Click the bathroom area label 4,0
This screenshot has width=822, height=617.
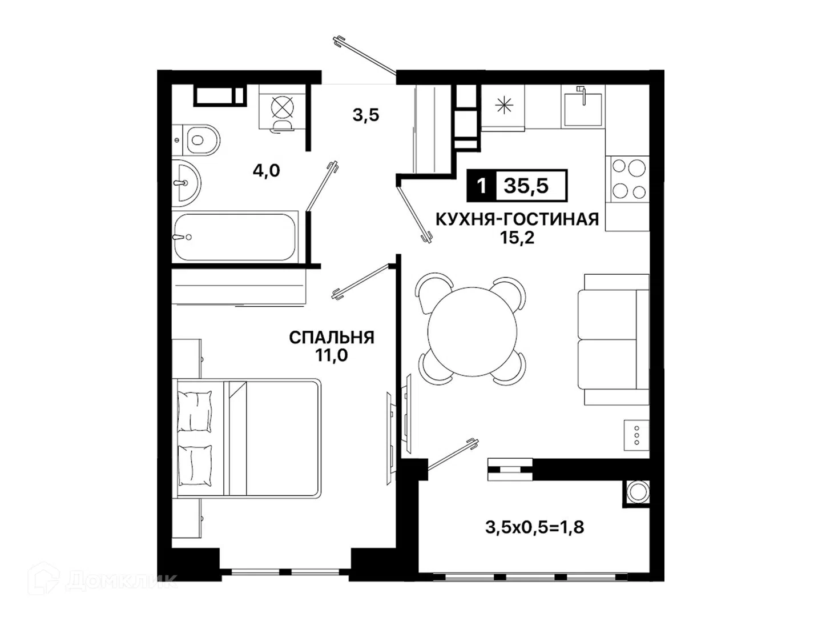(x=266, y=171)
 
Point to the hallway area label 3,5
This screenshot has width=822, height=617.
(x=366, y=115)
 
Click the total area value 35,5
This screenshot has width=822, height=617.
(x=526, y=186)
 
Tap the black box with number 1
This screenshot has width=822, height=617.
(x=482, y=186)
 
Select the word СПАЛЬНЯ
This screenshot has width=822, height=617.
(x=332, y=338)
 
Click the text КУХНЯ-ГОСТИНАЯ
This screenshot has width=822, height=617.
(x=517, y=219)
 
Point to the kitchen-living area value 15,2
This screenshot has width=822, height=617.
(x=517, y=238)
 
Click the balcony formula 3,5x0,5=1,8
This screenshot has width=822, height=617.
(x=535, y=527)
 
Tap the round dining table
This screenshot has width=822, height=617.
(x=472, y=331)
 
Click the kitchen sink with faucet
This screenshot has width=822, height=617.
(x=583, y=107)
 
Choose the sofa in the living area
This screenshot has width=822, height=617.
(x=614, y=339)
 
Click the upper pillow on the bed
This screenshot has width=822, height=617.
(x=194, y=411)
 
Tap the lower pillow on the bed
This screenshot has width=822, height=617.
(x=195, y=466)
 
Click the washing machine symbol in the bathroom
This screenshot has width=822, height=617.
(x=283, y=113)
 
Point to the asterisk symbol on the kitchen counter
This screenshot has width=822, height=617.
(x=503, y=105)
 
